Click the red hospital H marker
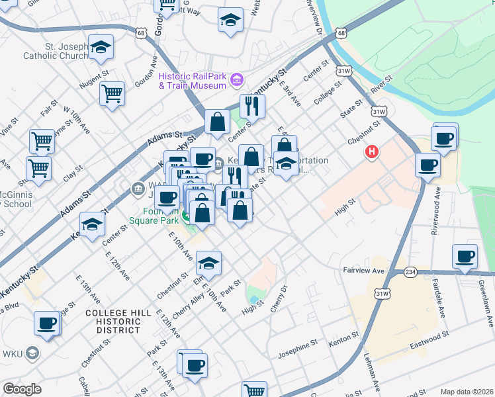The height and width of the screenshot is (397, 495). coord(372,152)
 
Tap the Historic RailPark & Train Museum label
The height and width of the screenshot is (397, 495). coord(193,81)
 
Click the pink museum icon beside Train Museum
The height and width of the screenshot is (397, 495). coord(237,81)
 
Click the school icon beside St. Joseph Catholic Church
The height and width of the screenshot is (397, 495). coord(101,47)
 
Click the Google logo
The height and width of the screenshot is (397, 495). coord(22,388)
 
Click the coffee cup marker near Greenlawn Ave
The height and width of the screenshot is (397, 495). coord(465,256)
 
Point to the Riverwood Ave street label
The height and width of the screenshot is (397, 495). coord(436,204)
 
